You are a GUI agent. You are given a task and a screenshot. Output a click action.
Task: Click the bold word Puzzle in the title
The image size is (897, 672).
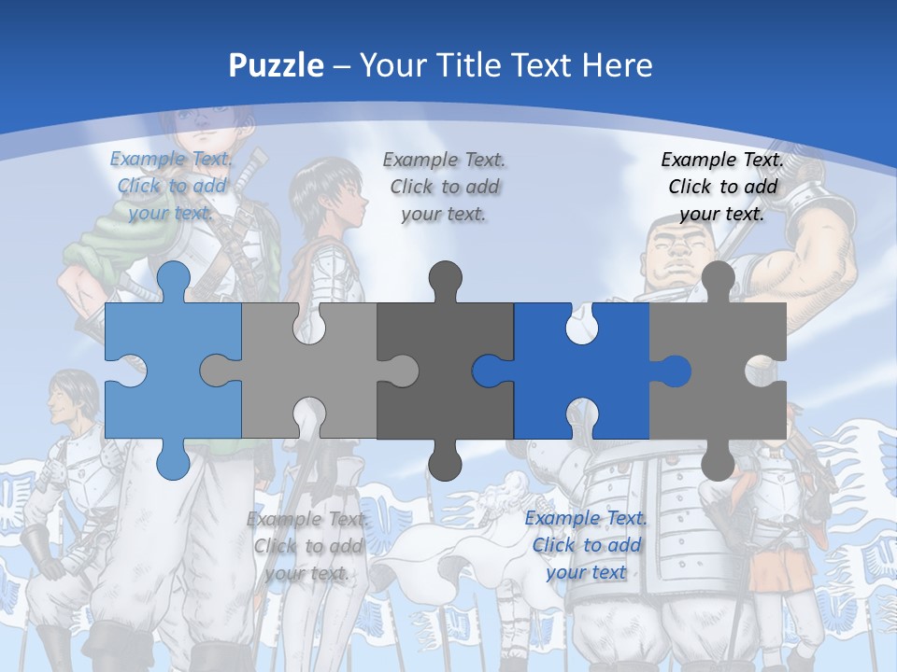277,65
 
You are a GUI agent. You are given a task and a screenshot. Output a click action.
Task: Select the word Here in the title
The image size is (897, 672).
617,65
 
